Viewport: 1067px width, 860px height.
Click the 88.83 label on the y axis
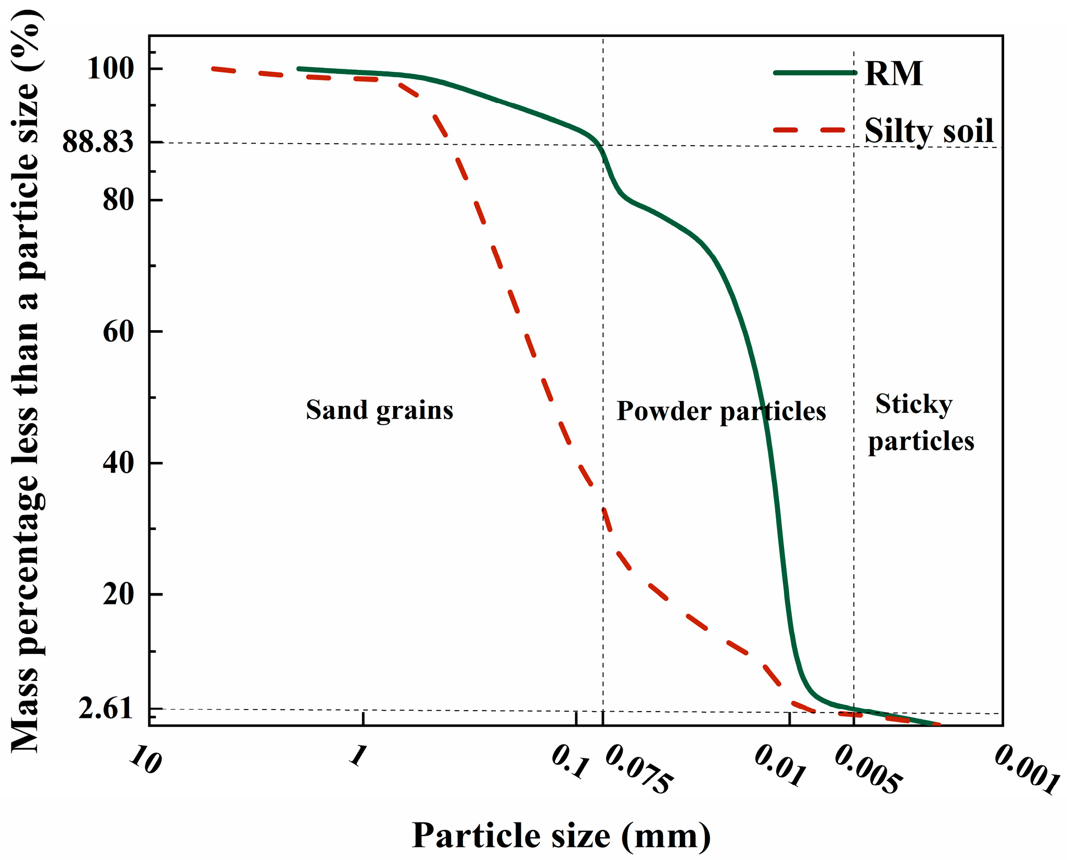coord(98,142)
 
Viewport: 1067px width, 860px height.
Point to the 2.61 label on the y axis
coord(106,709)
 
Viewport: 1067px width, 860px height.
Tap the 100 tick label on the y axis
coord(110,68)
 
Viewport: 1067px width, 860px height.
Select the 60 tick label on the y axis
coord(119,331)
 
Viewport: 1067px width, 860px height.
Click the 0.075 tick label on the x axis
coord(639,770)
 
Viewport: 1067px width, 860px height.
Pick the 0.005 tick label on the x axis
coord(868,770)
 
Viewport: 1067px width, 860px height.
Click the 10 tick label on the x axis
coord(145,760)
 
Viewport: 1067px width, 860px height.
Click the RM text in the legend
coord(894,73)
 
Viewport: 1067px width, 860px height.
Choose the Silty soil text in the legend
coord(929,130)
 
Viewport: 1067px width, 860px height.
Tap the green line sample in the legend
coord(815,73)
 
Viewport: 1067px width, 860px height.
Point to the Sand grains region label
coord(379,410)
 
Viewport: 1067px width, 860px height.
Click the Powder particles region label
coord(721,411)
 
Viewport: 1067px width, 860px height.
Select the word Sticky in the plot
coord(914,404)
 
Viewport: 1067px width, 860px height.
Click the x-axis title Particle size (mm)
coord(561,836)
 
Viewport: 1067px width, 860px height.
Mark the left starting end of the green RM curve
coord(299,69)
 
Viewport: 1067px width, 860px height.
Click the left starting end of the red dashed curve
coord(213,68)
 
